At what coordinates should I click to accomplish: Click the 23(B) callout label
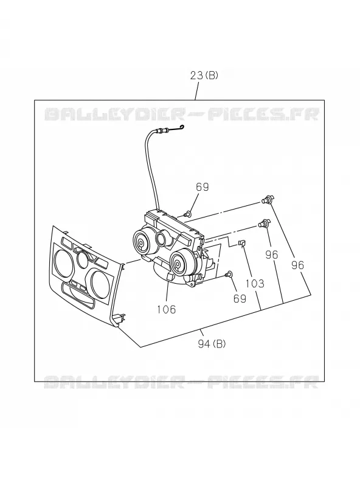(x=204, y=75)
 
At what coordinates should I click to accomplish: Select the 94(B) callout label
(x=212, y=344)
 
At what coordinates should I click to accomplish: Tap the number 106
(x=167, y=309)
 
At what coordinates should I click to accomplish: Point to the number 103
(x=255, y=283)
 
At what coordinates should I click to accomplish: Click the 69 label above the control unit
(x=202, y=187)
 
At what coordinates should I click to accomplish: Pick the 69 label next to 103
(x=240, y=298)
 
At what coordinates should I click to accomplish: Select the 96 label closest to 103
(x=272, y=255)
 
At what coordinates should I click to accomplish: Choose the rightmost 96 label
(x=297, y=265)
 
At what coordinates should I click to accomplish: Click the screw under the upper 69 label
(x=187, y=214)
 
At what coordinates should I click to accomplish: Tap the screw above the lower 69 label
(x=230, y=274)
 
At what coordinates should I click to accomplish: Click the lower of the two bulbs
(x=265, y=223)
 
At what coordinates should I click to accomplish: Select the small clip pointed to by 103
(x=242, y=244)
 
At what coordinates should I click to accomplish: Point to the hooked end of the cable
(x=182, y=127)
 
